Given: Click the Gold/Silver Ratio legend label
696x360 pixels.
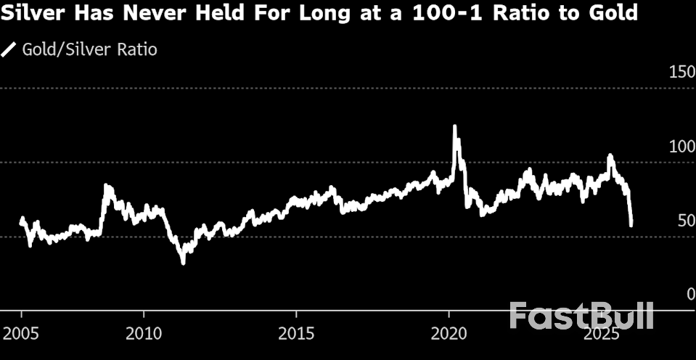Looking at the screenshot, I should click(x=89, y=49).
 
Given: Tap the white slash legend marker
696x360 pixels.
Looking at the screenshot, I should click(x=9, y=49).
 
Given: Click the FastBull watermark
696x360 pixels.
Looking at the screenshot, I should click(x=581, y=316).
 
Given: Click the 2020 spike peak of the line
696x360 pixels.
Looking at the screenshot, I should click(x=455, y=127).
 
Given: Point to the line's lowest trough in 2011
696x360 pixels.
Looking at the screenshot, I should click(x=183, y=262).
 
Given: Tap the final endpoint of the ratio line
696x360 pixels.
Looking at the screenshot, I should click(x=631, y=225).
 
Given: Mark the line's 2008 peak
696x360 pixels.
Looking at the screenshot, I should click(x=106, y=186).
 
